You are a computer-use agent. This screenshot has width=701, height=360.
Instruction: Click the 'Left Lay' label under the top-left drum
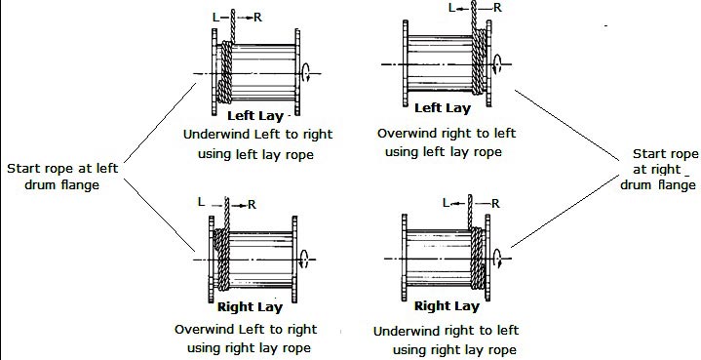tap(253, 116)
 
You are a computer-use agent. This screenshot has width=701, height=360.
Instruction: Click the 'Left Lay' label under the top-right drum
tap(444, 108)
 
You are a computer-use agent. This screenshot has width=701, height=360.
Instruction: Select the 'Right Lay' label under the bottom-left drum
tap(249, 306)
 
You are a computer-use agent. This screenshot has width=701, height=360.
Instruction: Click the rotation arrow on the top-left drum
tap(309, 71)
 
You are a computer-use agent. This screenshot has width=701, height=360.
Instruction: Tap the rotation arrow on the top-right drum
tap(499, 64)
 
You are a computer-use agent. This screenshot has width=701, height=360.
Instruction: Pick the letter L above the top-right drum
tap(451, 8)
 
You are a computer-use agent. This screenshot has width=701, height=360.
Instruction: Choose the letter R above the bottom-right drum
tap(496, 203)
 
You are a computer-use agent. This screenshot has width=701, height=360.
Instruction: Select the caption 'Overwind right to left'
tap(447, 133)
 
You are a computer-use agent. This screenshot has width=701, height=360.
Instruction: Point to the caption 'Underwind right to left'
tap(447, 331)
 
